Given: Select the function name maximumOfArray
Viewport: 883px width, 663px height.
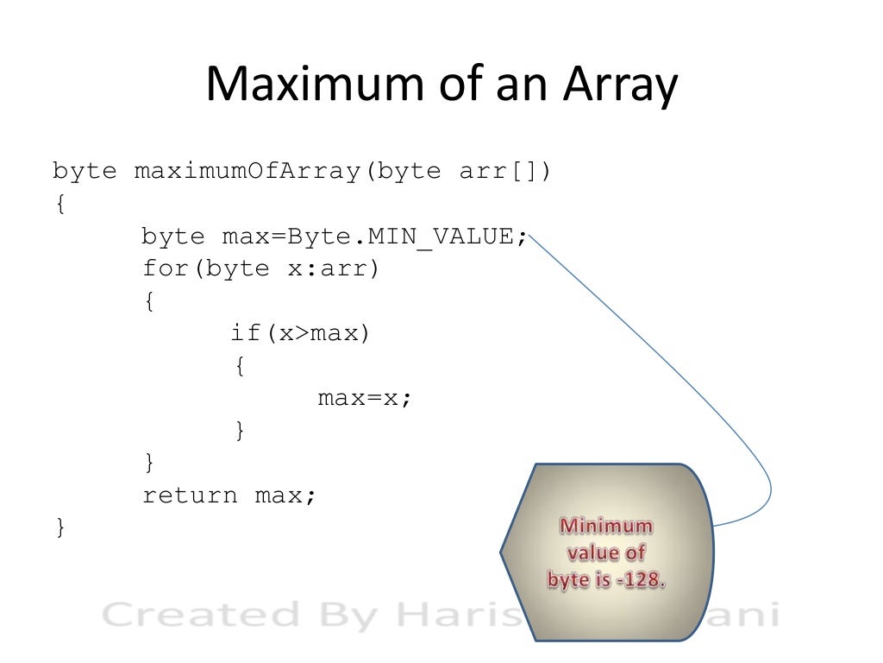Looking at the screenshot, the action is [245, 171].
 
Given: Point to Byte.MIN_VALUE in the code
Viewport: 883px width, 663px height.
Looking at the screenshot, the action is [401, 237].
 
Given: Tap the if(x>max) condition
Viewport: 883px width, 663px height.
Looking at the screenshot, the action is [300, 332].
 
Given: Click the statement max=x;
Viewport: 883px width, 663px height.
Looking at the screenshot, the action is [365, 398].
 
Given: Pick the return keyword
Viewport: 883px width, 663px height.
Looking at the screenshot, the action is [189, 496].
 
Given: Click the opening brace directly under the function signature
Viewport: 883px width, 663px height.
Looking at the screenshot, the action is [59, 204].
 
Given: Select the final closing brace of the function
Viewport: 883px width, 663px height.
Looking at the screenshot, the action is [59, 527].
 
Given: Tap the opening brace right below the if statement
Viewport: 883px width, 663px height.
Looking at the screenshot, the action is [240, 365].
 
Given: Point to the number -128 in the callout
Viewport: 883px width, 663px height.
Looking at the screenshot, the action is [642, 580].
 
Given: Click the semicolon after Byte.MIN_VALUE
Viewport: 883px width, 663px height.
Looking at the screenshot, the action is [523, 237].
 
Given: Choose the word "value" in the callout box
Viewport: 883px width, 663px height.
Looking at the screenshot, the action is [589, 553].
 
